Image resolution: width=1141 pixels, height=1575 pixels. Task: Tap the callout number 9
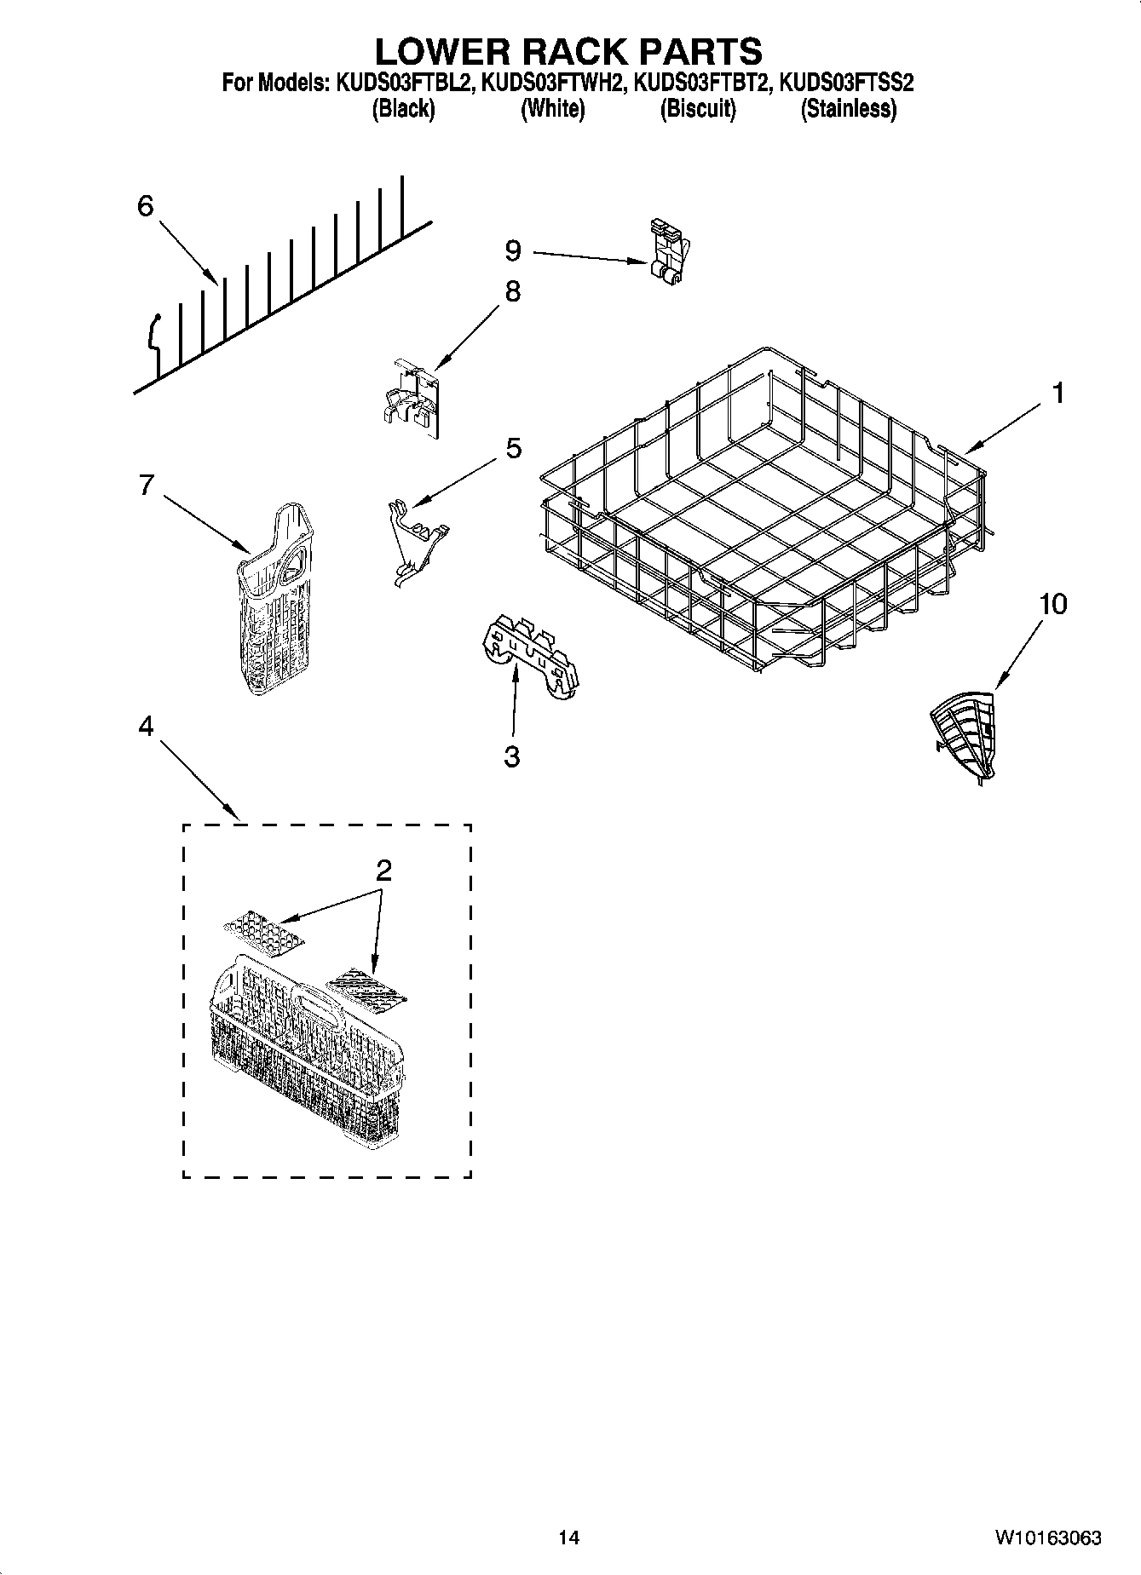click(513, 250)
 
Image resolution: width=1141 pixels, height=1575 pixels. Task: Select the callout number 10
click(1052, 604)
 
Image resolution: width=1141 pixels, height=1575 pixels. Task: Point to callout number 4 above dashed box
click(146, 726)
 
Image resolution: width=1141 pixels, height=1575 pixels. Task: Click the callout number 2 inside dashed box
click(383, 871)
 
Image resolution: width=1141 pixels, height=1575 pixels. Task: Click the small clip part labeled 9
click(667, 249)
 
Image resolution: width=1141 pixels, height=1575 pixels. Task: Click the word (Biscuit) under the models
click(698, 109)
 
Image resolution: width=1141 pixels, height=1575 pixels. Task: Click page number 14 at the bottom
click(569, 1538)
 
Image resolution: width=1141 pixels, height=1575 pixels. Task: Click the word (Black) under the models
click(403, 109)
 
